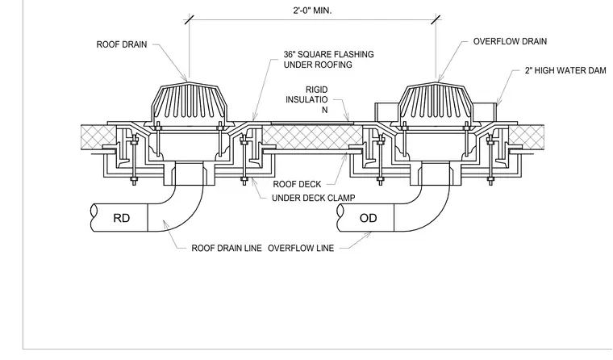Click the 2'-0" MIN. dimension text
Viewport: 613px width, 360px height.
312,10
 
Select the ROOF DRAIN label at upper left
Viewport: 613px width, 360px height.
122,44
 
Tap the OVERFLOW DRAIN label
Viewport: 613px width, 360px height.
510,41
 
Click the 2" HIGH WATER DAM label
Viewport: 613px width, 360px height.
565,70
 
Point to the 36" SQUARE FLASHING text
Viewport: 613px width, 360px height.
328,54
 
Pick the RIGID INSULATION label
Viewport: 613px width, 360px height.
306,100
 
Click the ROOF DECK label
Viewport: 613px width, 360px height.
297,184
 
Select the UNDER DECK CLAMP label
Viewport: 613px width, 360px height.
313,198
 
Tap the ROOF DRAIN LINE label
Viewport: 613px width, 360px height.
227,248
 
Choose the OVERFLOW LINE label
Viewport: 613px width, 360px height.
301,248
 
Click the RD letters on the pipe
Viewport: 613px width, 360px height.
121,218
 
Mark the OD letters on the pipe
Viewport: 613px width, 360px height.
368,218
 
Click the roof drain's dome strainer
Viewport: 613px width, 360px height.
189,103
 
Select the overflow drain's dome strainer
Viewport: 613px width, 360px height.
436,103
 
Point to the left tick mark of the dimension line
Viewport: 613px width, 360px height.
190,19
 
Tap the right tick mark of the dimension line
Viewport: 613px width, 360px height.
436,19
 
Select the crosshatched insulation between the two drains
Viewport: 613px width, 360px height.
312,137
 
